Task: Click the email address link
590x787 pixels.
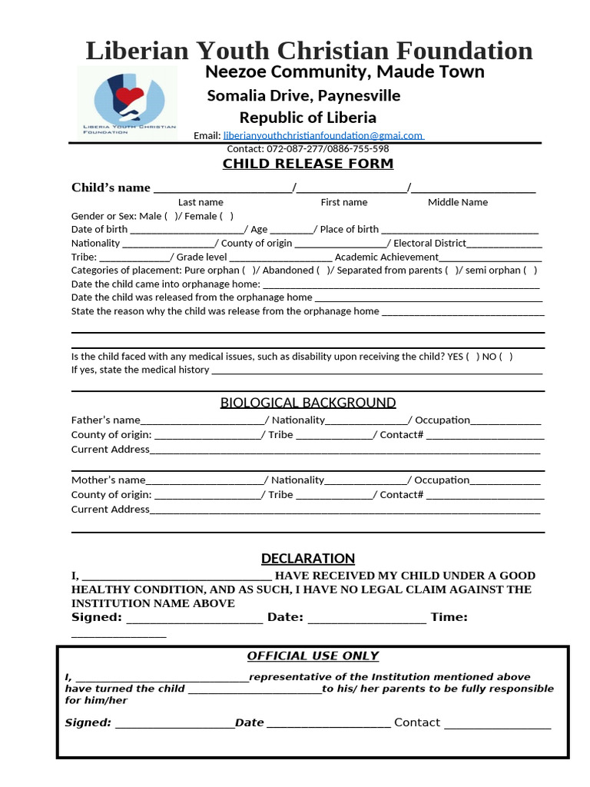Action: (323, 135)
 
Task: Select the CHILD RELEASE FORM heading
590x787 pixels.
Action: (307, 164)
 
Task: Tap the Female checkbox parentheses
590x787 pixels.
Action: (227, 216)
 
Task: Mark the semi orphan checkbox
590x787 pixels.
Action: (531, 271)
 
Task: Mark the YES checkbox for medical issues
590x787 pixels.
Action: (472, 357)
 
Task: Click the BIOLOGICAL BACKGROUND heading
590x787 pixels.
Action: (308, 403)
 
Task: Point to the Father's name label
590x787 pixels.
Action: (105, 420)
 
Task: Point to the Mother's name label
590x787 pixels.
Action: (108, 480)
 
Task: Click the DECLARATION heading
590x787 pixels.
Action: (308, 559)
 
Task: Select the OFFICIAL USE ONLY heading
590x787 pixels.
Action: (313, 656)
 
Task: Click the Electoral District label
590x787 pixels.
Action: (429, 243)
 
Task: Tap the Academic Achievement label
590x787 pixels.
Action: (386, 257)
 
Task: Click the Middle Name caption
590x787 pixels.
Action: (458, 202)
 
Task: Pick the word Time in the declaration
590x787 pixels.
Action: (449, 617)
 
